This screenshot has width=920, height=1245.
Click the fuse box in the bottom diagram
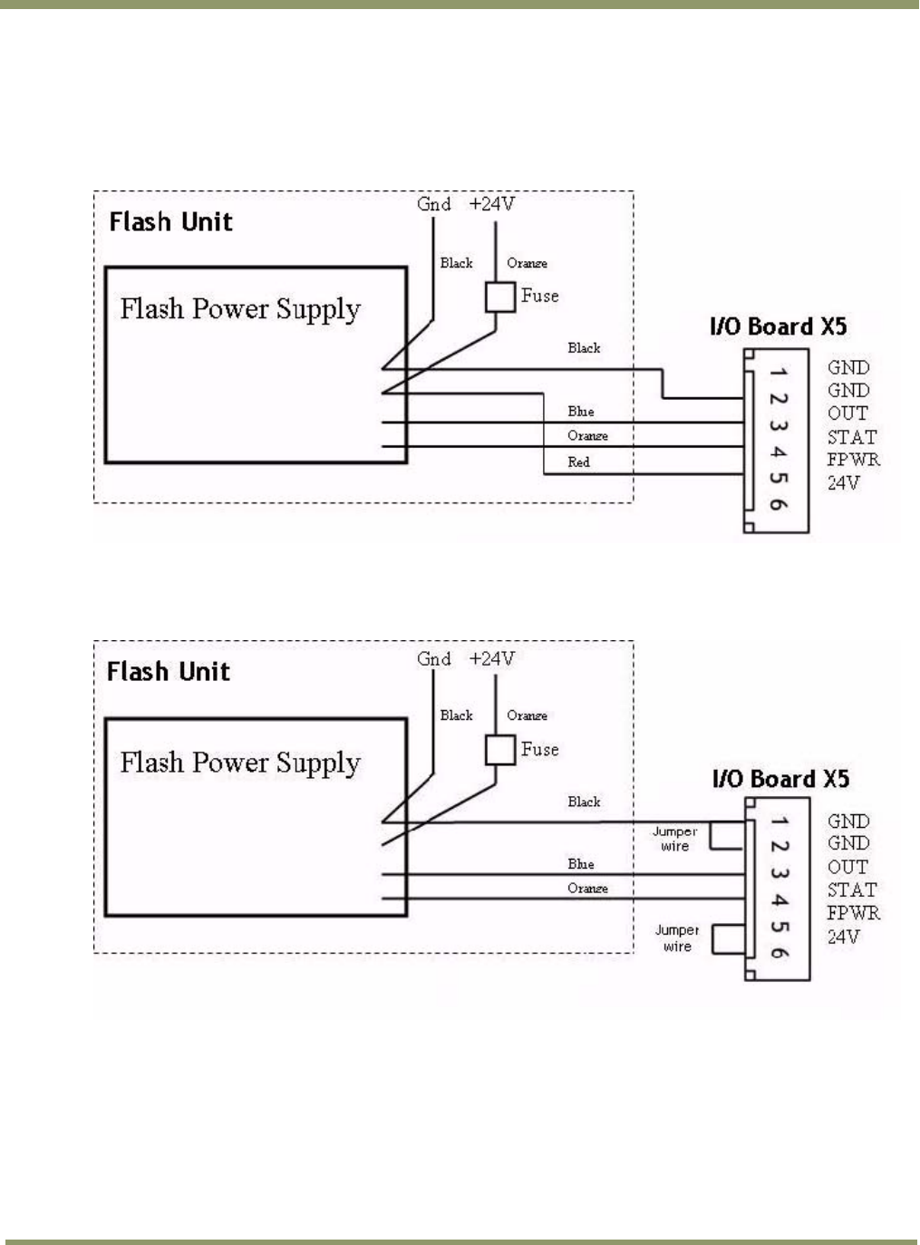pos(500,750)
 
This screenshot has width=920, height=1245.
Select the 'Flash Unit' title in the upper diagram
pos(170,222)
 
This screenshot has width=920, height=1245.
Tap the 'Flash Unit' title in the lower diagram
pos(169,672)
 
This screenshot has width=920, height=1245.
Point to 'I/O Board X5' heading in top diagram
pos(778,327)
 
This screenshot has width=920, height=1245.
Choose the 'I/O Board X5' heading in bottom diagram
pos(780,779)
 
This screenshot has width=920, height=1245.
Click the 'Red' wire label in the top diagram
pos(578,462)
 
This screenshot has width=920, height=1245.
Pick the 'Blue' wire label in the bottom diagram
pos(581,864)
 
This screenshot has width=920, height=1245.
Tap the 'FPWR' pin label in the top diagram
pos(853,460)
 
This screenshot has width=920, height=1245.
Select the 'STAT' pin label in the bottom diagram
pos(852,890)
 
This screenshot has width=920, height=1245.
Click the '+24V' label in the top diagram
pos(492,204)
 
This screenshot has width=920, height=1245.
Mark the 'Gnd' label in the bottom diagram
pos(434,658)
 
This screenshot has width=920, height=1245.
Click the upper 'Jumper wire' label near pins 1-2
pos(675,839)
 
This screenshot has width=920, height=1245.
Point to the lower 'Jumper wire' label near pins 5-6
pos(677,939)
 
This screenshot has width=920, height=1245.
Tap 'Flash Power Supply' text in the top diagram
pos(240,310)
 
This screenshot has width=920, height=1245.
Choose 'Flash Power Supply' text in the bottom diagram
pos(240,764)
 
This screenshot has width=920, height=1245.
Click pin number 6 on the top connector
pos(778,505)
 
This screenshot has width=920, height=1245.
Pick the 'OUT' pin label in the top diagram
pos(847,413)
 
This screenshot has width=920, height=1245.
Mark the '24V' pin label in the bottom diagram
pos(843,937)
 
